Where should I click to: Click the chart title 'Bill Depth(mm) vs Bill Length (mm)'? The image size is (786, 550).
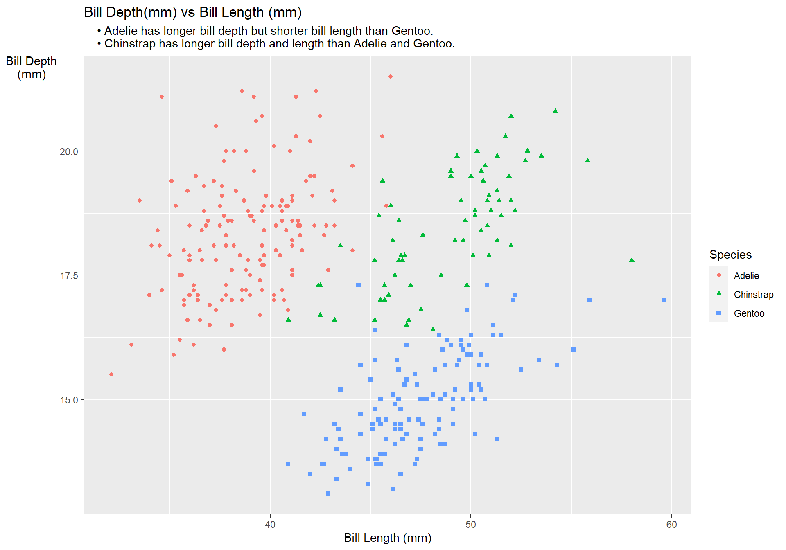pos(192,12)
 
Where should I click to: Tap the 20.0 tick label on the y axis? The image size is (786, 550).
pos(68,152)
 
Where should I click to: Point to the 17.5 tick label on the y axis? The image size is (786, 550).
pos(68,276)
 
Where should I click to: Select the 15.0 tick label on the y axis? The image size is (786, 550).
pos(68,400)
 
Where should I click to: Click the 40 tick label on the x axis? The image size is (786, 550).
pos(270,525)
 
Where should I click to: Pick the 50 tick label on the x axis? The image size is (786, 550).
pos(471,525)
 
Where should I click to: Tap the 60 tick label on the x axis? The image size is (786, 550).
pos(671,525)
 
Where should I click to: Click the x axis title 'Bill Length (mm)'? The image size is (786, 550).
pos(388,538)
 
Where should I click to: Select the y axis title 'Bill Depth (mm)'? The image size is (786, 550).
pos(32,68)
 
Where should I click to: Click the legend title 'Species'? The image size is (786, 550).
pos(730,255)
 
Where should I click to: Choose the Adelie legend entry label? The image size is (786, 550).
pos(746,276)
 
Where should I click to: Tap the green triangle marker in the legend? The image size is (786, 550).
pos(719,294)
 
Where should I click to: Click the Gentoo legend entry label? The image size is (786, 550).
pos(749,313)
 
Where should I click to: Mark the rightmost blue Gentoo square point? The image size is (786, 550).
pos(664,300)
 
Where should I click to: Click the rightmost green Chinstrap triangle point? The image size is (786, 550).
pos(632,260)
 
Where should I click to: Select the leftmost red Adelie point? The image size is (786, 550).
pos(111,374)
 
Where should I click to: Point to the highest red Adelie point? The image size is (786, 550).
pos(391,77)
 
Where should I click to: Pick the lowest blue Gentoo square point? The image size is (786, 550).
pos(328,494)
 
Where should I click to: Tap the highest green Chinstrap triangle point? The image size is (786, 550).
pos(555,111)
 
